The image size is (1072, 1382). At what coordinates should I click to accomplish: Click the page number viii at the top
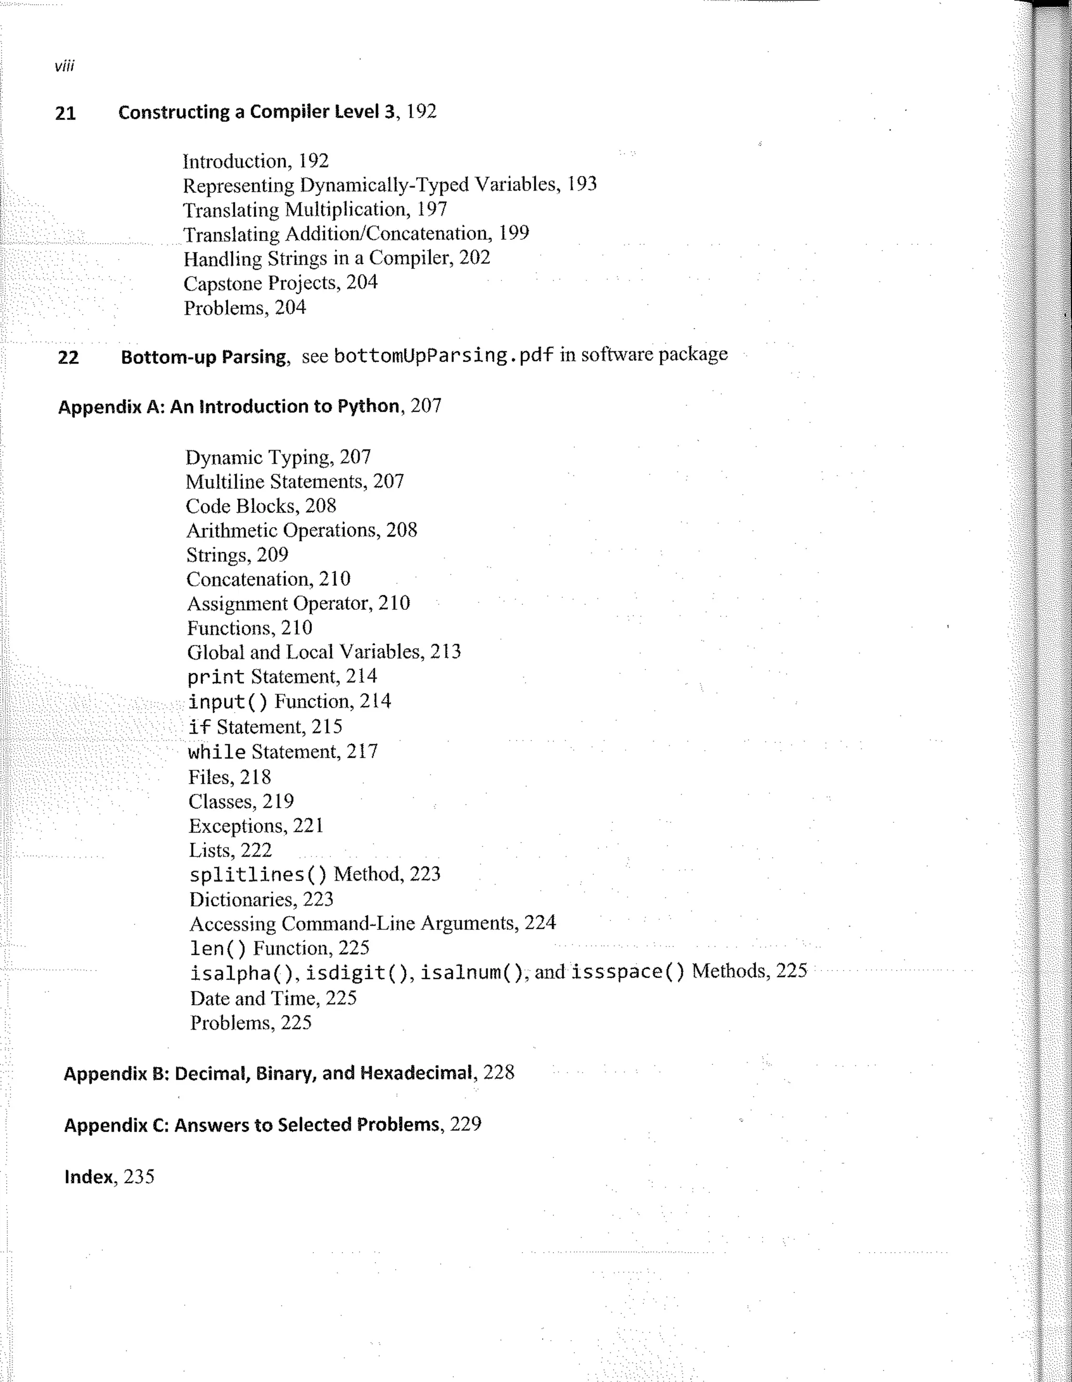pyautogui.click(x=64, y=66)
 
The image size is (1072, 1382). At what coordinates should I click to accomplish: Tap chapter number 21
pyautogui.click(x=65, y=113)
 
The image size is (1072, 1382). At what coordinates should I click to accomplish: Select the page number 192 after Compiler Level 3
pyautogui.click(x=421, y=112)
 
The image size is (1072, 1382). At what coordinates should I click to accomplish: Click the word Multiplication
pyautogui.click(x=345, y=209)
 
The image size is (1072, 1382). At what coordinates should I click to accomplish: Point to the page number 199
pyautogui.click(x=513, y=233)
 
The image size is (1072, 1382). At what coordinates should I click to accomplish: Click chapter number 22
pyautogui.click(x=69, y=358)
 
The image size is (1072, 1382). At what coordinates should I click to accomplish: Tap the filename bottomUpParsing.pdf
pyautogui.click(x=443, y=355)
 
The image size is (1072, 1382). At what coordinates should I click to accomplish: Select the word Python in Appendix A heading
pyautogui.click(x=367, y=406)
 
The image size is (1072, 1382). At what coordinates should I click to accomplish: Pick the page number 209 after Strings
pyautogui.click(x=272, y=555)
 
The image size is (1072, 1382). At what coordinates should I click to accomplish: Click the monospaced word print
pyautogui.click(x=216, y=677)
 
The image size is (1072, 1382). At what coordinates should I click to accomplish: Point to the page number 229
pyautogui.click(x=465, y=1124)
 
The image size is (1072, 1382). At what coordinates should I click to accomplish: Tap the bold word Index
pyautogui.click(x=88, y=1177)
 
